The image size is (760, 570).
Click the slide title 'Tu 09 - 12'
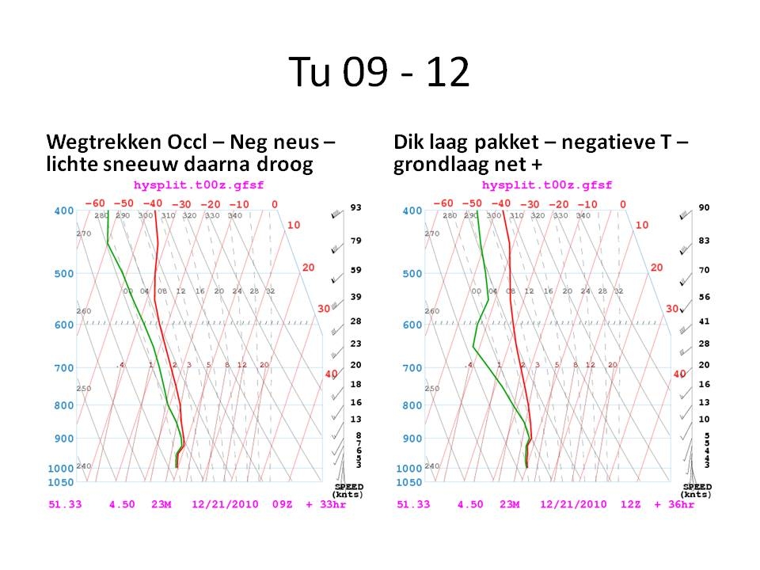[379, 74]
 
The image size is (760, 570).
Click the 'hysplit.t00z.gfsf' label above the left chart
[188, 185]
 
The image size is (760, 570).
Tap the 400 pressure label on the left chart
[63, 211]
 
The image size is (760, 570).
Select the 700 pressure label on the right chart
[412, 368]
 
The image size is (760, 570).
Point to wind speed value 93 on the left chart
[356, 207]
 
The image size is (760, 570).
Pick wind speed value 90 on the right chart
[704, 207]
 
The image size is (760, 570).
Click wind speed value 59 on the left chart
[356, 270]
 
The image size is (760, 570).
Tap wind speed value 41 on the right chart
[704, 322]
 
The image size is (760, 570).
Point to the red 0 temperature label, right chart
[623, 204]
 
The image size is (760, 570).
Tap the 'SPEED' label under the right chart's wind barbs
[697, 486]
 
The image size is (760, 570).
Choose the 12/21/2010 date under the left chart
[222, 504]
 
